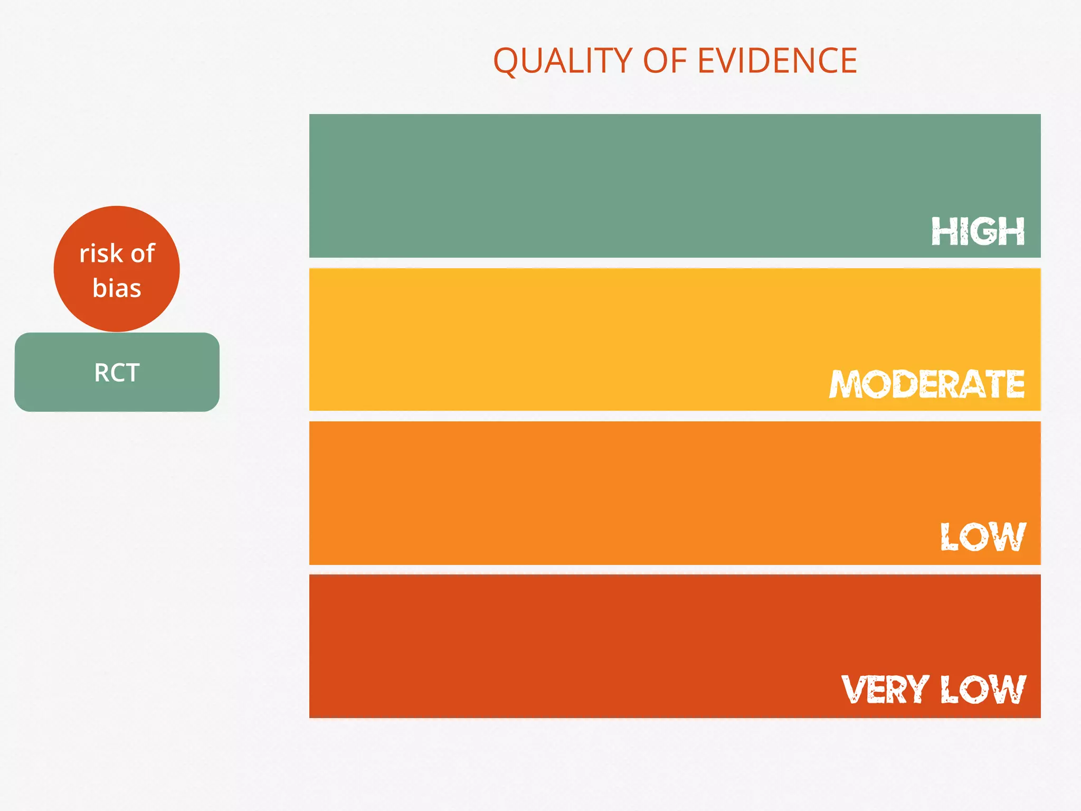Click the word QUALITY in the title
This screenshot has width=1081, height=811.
[x=563, y=61]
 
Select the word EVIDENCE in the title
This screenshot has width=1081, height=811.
[x=777, y=61]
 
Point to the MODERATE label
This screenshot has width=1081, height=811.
[x=927, y=384]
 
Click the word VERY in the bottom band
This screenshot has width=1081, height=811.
[x=885, y=689]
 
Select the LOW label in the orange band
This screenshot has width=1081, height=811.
[x=983, y=537]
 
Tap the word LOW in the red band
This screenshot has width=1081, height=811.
[x=983, y=689]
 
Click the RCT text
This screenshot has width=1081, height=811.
[x=117, y=373]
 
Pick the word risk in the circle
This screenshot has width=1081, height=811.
[x=101, y=253]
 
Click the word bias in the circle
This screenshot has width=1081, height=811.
[x=117, y=288]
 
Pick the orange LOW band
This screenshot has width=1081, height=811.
[x=581, y=491]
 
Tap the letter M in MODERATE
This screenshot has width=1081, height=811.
[x=846, y=384]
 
